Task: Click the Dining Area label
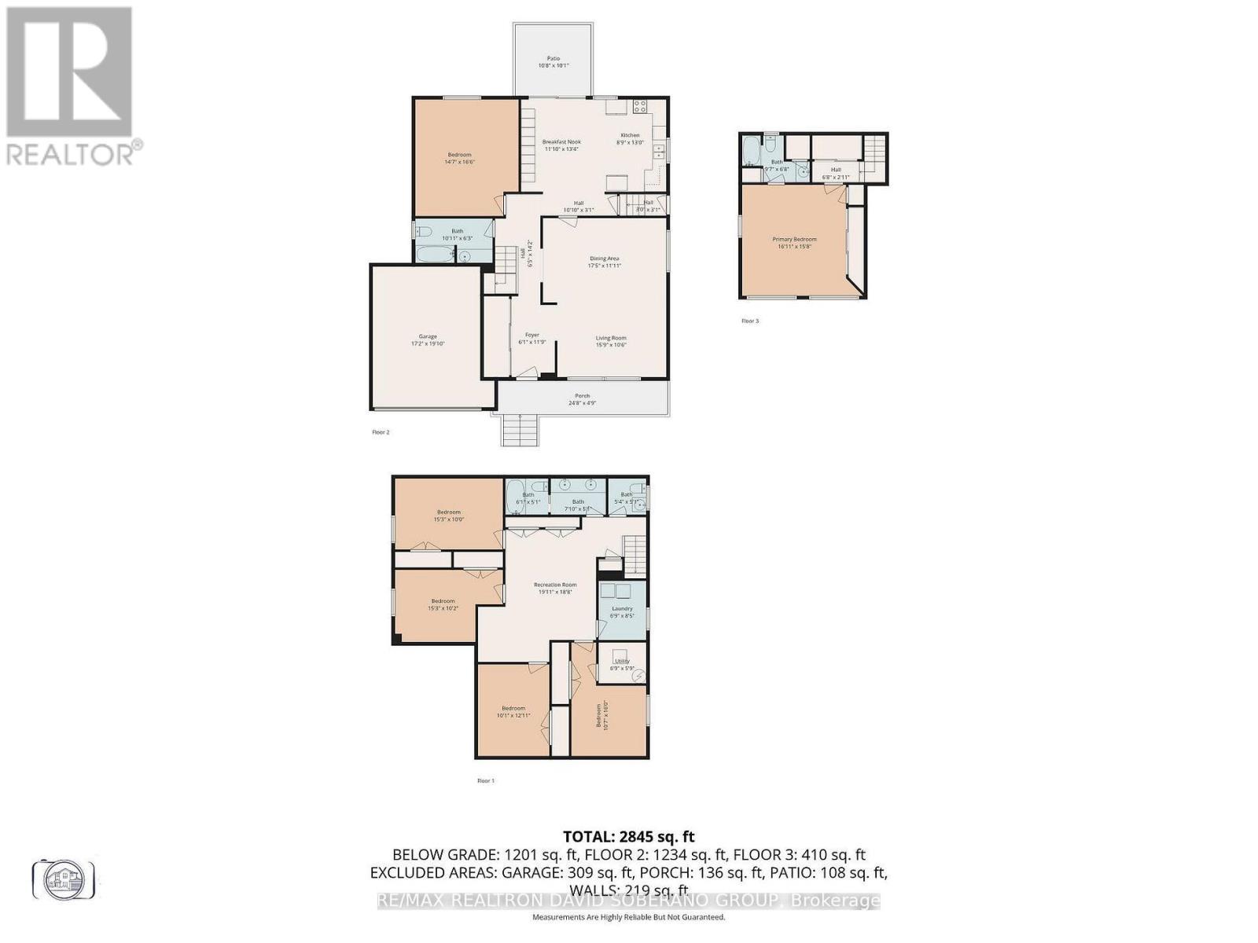605,262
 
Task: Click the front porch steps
520,429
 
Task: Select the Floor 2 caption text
381,432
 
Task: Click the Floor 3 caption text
750,321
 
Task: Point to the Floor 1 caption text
486,780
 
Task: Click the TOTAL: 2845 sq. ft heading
628,837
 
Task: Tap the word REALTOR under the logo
71,153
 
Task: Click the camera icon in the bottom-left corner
64,879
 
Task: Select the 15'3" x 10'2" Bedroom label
443,604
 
